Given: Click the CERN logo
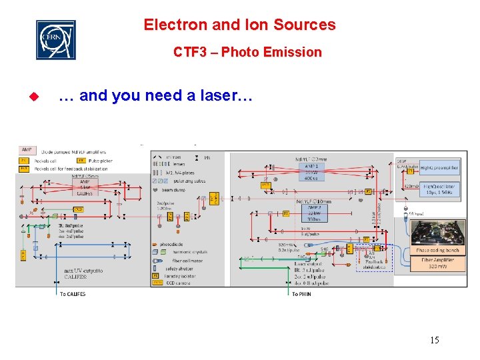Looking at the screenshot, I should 55,39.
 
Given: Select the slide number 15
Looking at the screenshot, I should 434,341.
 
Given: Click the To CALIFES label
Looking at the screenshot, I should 73,293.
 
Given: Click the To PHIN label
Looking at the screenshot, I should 301,293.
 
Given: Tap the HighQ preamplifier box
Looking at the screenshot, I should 437,167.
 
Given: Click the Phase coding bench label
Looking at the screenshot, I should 437,251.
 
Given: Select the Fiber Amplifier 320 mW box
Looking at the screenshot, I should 439,263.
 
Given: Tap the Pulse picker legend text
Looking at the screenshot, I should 100,161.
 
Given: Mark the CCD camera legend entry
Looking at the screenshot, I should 173,283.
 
